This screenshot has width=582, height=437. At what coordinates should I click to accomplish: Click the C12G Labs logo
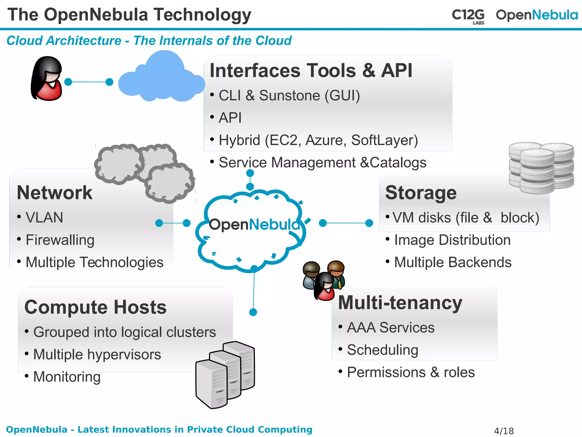pos(468,16)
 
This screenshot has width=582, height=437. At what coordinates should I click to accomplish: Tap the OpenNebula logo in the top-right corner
pos(537,15)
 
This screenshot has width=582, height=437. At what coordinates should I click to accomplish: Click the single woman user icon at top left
pos(47,79)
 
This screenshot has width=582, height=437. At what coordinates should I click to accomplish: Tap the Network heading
pos(55,193)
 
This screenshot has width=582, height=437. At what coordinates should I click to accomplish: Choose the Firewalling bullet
pos(60,240)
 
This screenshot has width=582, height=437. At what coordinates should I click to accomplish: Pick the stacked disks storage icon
pos(541,168)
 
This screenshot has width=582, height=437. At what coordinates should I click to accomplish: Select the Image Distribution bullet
pos(452,240)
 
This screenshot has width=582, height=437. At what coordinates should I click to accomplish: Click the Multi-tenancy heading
pos(400,303)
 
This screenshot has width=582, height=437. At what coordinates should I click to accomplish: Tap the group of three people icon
pos(324,281)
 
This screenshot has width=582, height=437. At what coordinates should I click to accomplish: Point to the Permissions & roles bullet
pos(411,372)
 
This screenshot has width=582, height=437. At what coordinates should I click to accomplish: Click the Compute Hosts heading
pos(95,307)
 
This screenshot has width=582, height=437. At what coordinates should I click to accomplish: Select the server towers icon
pos(225,374)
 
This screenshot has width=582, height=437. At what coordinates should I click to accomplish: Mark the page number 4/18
pos(504,431)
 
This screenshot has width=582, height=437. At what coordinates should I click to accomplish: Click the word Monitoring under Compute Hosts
pos(67,377)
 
